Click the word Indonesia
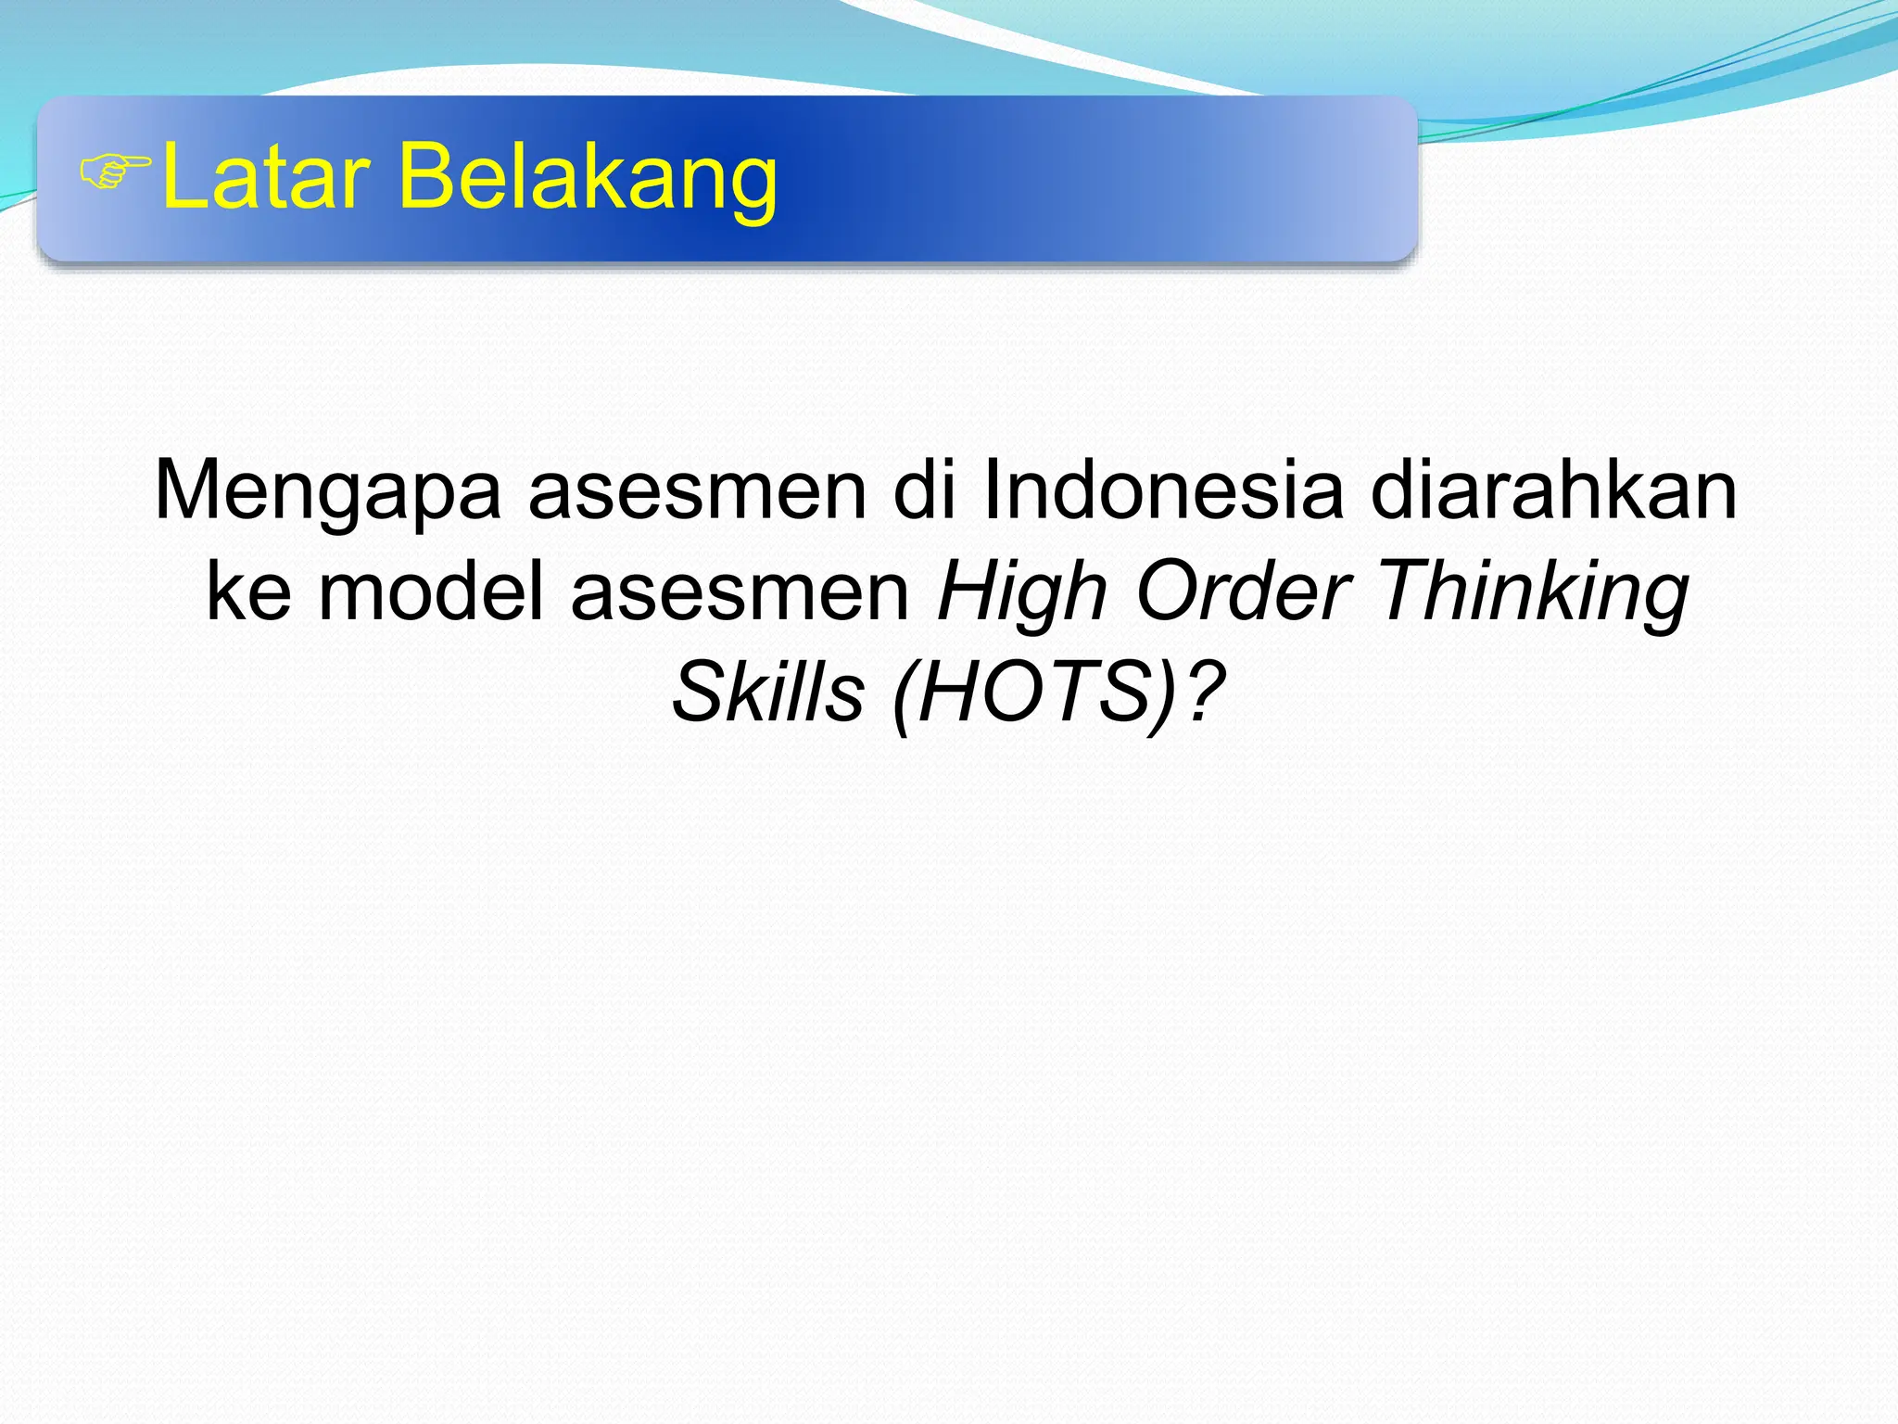pyautogui.click(x=1162, y=490)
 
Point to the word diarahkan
pyautogui.click(x=1553, y=490)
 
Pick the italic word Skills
pyautogui.click(x=767, y=693)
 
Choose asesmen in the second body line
pyautogui.click(x=740, y=594)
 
